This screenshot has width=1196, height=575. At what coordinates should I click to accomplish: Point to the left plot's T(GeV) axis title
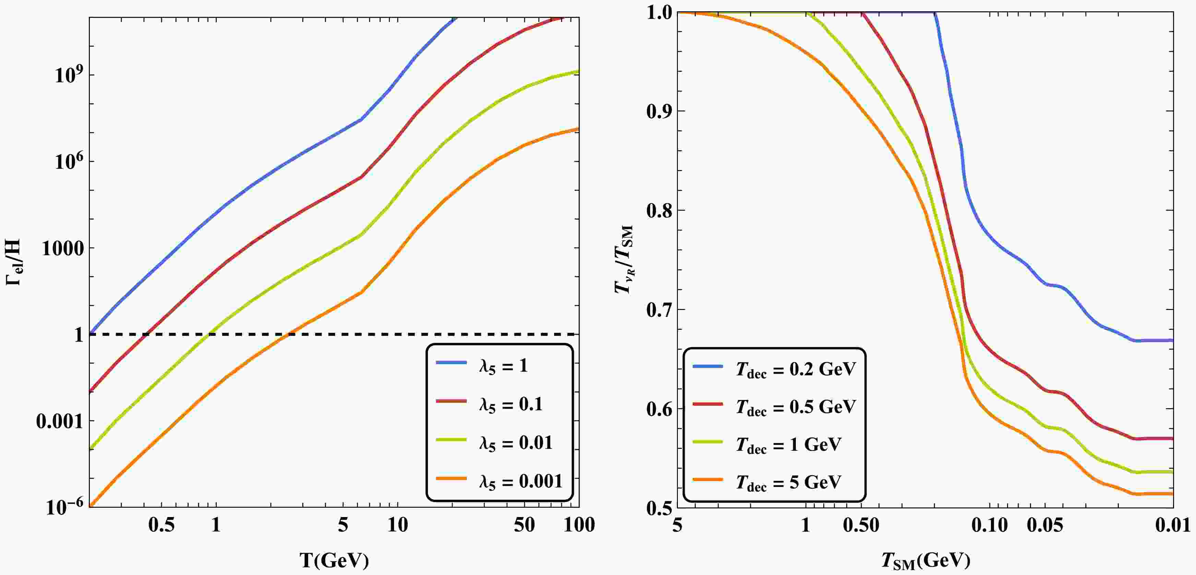pos(334,561)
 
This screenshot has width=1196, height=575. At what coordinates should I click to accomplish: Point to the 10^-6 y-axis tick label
pos(65,507)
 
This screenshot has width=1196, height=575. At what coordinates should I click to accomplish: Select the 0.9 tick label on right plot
pos(660,111)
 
